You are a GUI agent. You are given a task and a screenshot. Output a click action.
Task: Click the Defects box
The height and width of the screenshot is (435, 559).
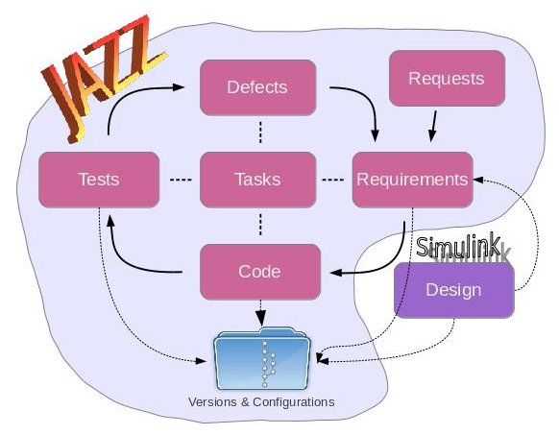[x=257, y=88]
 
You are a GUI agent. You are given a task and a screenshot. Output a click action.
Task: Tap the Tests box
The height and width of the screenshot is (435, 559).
[x=97, y=180]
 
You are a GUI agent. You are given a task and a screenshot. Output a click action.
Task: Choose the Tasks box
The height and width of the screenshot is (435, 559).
[x=257, y=180]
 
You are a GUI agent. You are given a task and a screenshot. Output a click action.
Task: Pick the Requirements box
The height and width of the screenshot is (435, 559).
[x=412, y=180]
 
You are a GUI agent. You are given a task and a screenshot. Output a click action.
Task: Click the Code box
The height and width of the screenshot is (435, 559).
[x=258, y=271]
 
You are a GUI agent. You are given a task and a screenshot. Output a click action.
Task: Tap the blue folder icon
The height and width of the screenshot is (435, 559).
[x=263, y=358]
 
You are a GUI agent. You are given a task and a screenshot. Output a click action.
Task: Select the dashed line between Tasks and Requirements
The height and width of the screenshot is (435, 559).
[x=332, y=180]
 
